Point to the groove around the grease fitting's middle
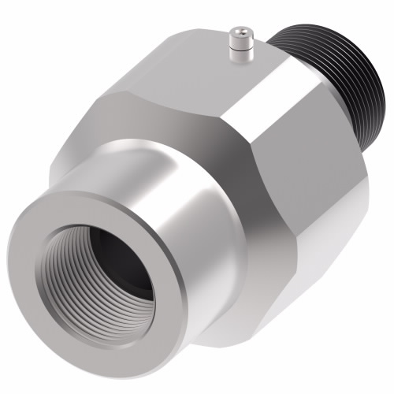[x=239, y=44]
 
